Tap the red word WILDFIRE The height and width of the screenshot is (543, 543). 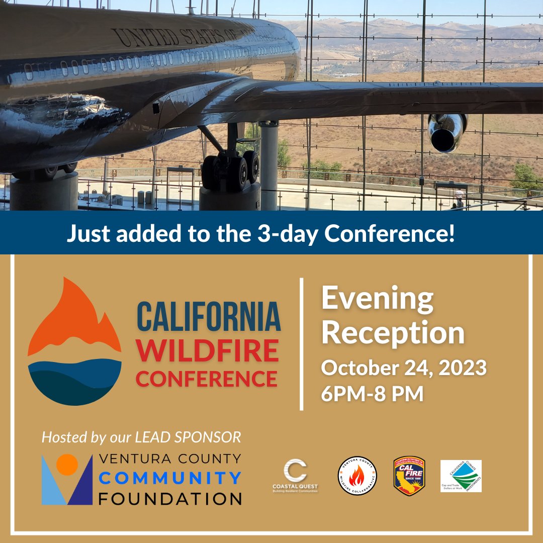pos(207,351)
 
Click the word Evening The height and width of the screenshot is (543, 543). pos(377,299)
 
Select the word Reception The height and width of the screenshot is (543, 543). pos(393,333)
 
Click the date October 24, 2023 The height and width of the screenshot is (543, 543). pos(404,368)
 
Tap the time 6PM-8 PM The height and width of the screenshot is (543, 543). pos(372,394)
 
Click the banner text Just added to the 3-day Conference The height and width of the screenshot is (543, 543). pos(260,234)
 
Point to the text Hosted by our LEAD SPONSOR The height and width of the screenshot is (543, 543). pos(141,437)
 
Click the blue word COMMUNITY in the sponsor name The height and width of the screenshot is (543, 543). pos(170,478)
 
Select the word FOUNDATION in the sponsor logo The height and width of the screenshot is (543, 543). pos(170,499)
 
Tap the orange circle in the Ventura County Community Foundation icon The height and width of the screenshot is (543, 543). pos(67,465)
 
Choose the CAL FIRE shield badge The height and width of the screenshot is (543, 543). pos(409,476)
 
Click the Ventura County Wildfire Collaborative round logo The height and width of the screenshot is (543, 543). pos(357,476)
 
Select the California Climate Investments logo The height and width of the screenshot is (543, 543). pos(461,476)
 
